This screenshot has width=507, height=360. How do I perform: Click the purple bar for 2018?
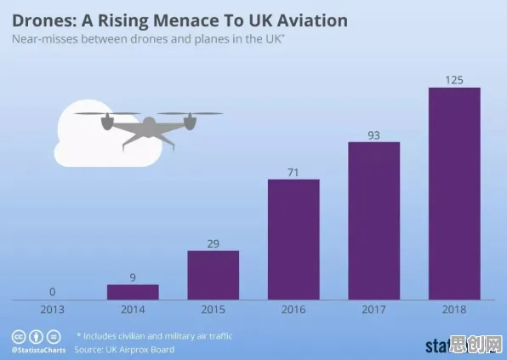[454, 193]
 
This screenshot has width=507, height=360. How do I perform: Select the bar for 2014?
[133, 292]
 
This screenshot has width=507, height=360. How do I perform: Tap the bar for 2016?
[293, 239]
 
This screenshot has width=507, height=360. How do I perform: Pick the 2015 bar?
[214, 275]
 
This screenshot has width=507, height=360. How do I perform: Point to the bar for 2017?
[374, 221]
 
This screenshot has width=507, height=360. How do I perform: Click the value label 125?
[454, 80]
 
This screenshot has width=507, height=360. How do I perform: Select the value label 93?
[373, 135]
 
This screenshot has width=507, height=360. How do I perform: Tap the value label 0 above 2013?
[53, 292]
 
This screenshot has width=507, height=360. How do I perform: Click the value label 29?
[213, 243]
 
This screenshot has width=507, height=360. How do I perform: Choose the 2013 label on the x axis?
[53, 310]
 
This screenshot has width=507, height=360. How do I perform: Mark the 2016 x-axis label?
[293, 310]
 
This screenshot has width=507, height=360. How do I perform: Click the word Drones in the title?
[43, 20]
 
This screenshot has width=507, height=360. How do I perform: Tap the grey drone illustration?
[148, 129]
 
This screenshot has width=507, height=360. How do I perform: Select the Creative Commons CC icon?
[19, 337]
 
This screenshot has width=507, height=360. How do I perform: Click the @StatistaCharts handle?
[39, 350]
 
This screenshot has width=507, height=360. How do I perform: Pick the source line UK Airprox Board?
[124, 349]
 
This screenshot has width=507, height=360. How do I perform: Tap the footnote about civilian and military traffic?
[155, 336]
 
